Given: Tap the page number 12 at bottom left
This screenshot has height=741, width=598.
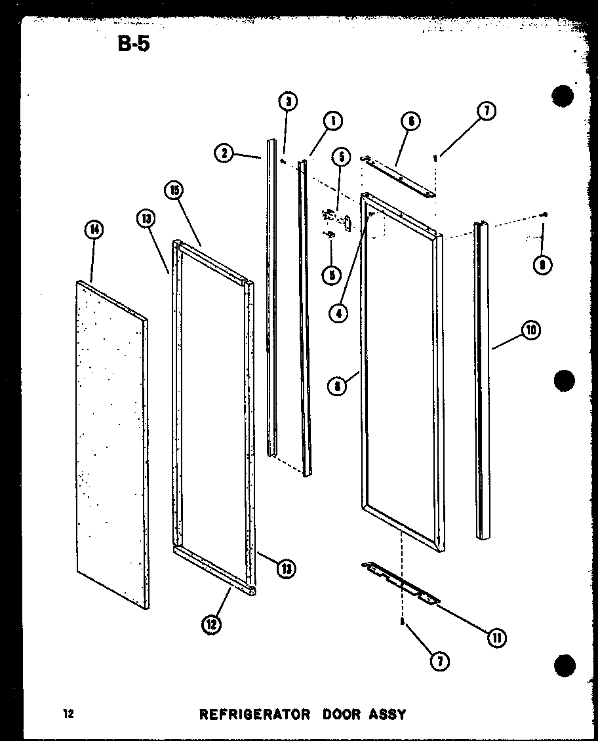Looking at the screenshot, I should [68, 714].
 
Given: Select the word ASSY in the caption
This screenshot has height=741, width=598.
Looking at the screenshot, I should [388, 714].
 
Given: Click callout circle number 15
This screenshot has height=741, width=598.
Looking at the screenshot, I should [174, 191].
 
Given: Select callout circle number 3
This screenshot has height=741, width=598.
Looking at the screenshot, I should [287, 102].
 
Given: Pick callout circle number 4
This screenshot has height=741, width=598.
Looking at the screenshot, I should [339, 313].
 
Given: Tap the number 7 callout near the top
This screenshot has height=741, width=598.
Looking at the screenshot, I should [486, 111].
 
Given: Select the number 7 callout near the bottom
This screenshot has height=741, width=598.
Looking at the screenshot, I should [439, 662].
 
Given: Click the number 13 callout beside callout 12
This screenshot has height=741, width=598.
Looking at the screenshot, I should [285, 569].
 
